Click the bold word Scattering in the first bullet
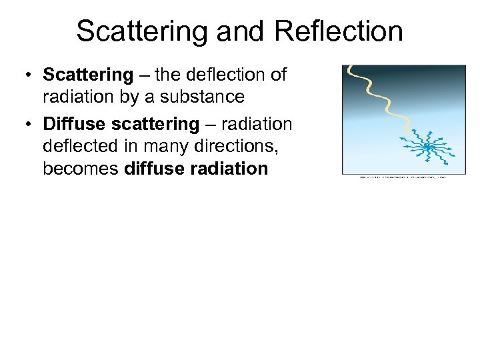[x=88, y=75]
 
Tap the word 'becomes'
[x=81, y=168]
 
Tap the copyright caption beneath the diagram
[x=403, y=177]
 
